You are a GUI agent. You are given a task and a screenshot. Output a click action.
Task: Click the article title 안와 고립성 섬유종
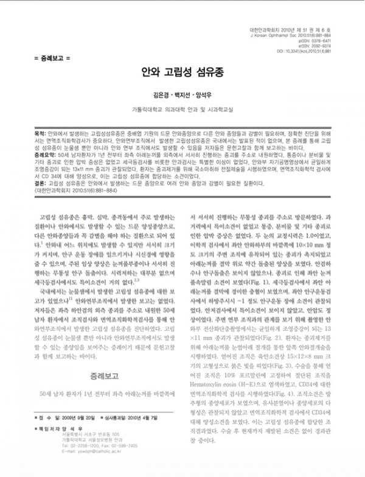182,71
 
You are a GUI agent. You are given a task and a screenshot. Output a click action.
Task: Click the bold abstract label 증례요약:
42,155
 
